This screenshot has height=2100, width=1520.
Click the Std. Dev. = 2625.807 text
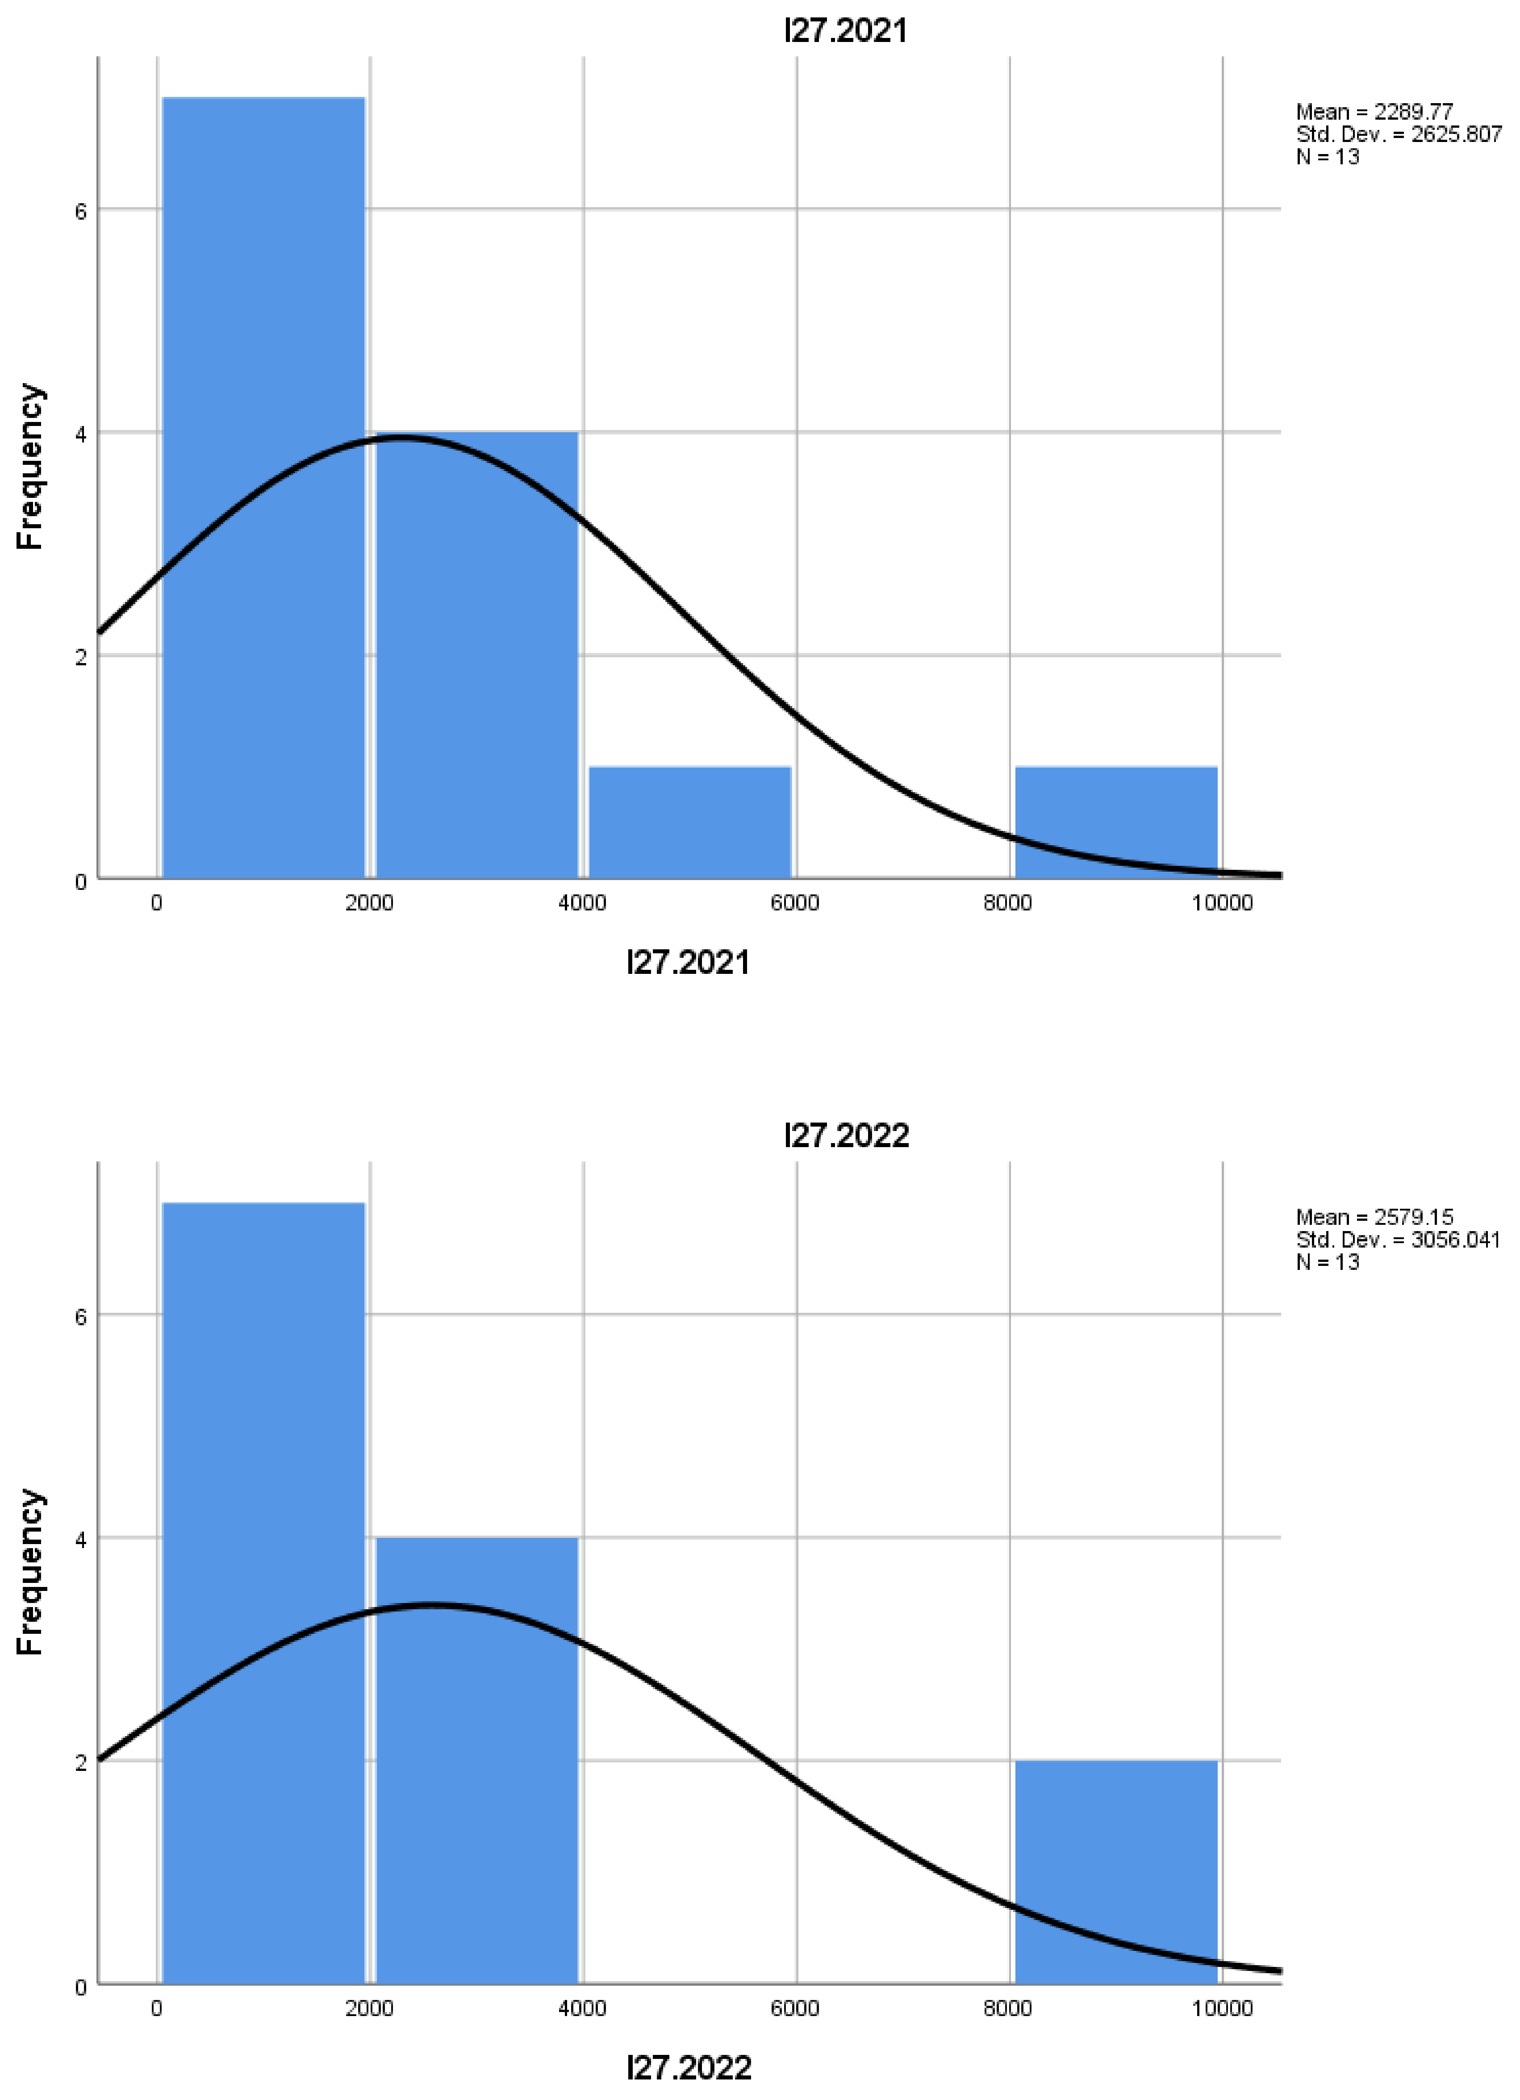point(1398,134)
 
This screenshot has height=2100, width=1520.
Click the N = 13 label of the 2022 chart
point(1328,1262)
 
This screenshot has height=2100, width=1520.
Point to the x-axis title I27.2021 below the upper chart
point(688,963)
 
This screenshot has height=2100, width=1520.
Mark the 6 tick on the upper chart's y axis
point(80,211)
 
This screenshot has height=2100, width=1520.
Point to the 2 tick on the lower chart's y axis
point(80,1762)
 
